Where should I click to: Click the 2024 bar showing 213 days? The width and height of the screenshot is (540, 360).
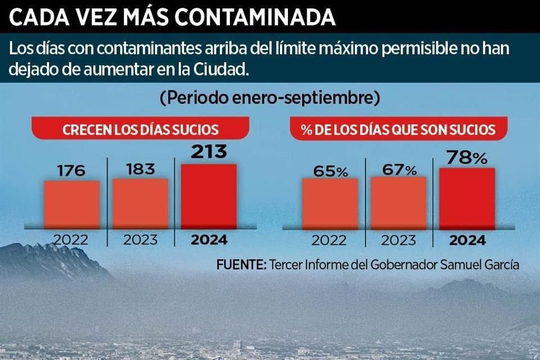click(208, 196)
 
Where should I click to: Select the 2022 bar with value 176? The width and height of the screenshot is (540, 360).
click(71, 204)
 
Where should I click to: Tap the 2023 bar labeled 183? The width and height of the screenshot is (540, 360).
click(140, 203)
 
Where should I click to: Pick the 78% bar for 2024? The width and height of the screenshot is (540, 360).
click(466, 198)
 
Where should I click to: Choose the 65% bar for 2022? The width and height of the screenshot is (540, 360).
click(330, 203)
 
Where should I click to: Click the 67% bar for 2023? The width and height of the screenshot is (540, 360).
click(398, 202)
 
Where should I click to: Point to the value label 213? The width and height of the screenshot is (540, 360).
click(208, 152)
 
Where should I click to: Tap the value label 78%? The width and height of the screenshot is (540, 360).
click(466, 157)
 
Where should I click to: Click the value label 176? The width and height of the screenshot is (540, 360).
click(71, 170)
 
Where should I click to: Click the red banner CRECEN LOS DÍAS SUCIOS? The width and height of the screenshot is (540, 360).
click(141, 129)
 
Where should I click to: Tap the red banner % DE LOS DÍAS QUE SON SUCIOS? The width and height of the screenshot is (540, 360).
click(398, 129)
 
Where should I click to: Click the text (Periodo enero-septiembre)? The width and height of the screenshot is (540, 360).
click(269, 98)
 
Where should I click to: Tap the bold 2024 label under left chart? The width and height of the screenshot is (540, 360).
click(209, 240)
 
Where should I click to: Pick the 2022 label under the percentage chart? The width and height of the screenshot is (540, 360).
click(330, 240)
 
